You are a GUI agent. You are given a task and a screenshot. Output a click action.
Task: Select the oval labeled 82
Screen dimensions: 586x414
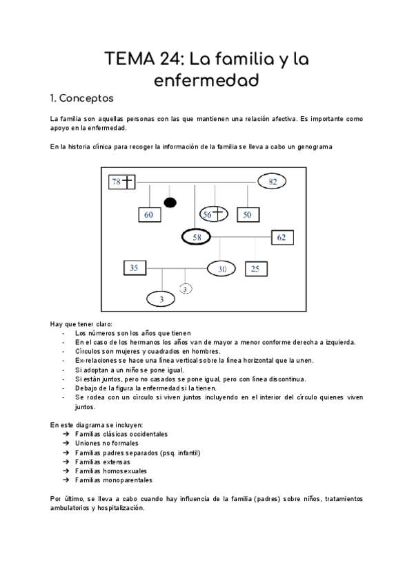pyautogui.click(x=273, y=182)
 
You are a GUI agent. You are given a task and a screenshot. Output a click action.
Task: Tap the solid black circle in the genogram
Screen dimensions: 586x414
pyautogui.click(x=170, y=202)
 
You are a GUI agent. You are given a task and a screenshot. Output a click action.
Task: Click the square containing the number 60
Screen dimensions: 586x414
pyautogui.click(x=149, y=215)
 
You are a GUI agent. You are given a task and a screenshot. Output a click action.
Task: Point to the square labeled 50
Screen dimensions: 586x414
pyautogui.click(x=247, y=214)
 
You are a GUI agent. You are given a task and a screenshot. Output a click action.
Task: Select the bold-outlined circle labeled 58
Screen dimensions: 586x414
pyautogui.click(x=197, y=237)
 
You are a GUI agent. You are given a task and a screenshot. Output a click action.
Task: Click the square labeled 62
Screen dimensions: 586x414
pyautogui.click(x=282, y=237)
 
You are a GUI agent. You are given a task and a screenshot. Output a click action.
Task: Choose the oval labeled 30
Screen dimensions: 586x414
pyautogui.click(x=222, y=269)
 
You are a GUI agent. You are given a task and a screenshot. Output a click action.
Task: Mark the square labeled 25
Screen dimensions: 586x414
pyautogui.click(x=255, y=268)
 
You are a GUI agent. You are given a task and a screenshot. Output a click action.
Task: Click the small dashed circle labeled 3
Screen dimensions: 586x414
pyautogui.click(x=186, y=289)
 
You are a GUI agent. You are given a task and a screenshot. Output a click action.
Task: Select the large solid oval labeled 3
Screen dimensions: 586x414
pyautogui.click(x=161, y=299)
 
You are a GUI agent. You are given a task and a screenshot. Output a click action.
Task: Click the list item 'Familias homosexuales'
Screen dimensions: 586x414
pyautogui.click(x=110, y=471)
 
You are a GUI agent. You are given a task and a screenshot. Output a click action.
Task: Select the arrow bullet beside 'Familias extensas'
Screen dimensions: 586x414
pyautogui.click(x=65, y=462)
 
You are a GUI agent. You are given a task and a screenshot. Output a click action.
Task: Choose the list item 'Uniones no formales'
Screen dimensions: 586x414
pyautogui.click(x=106, y=443)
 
